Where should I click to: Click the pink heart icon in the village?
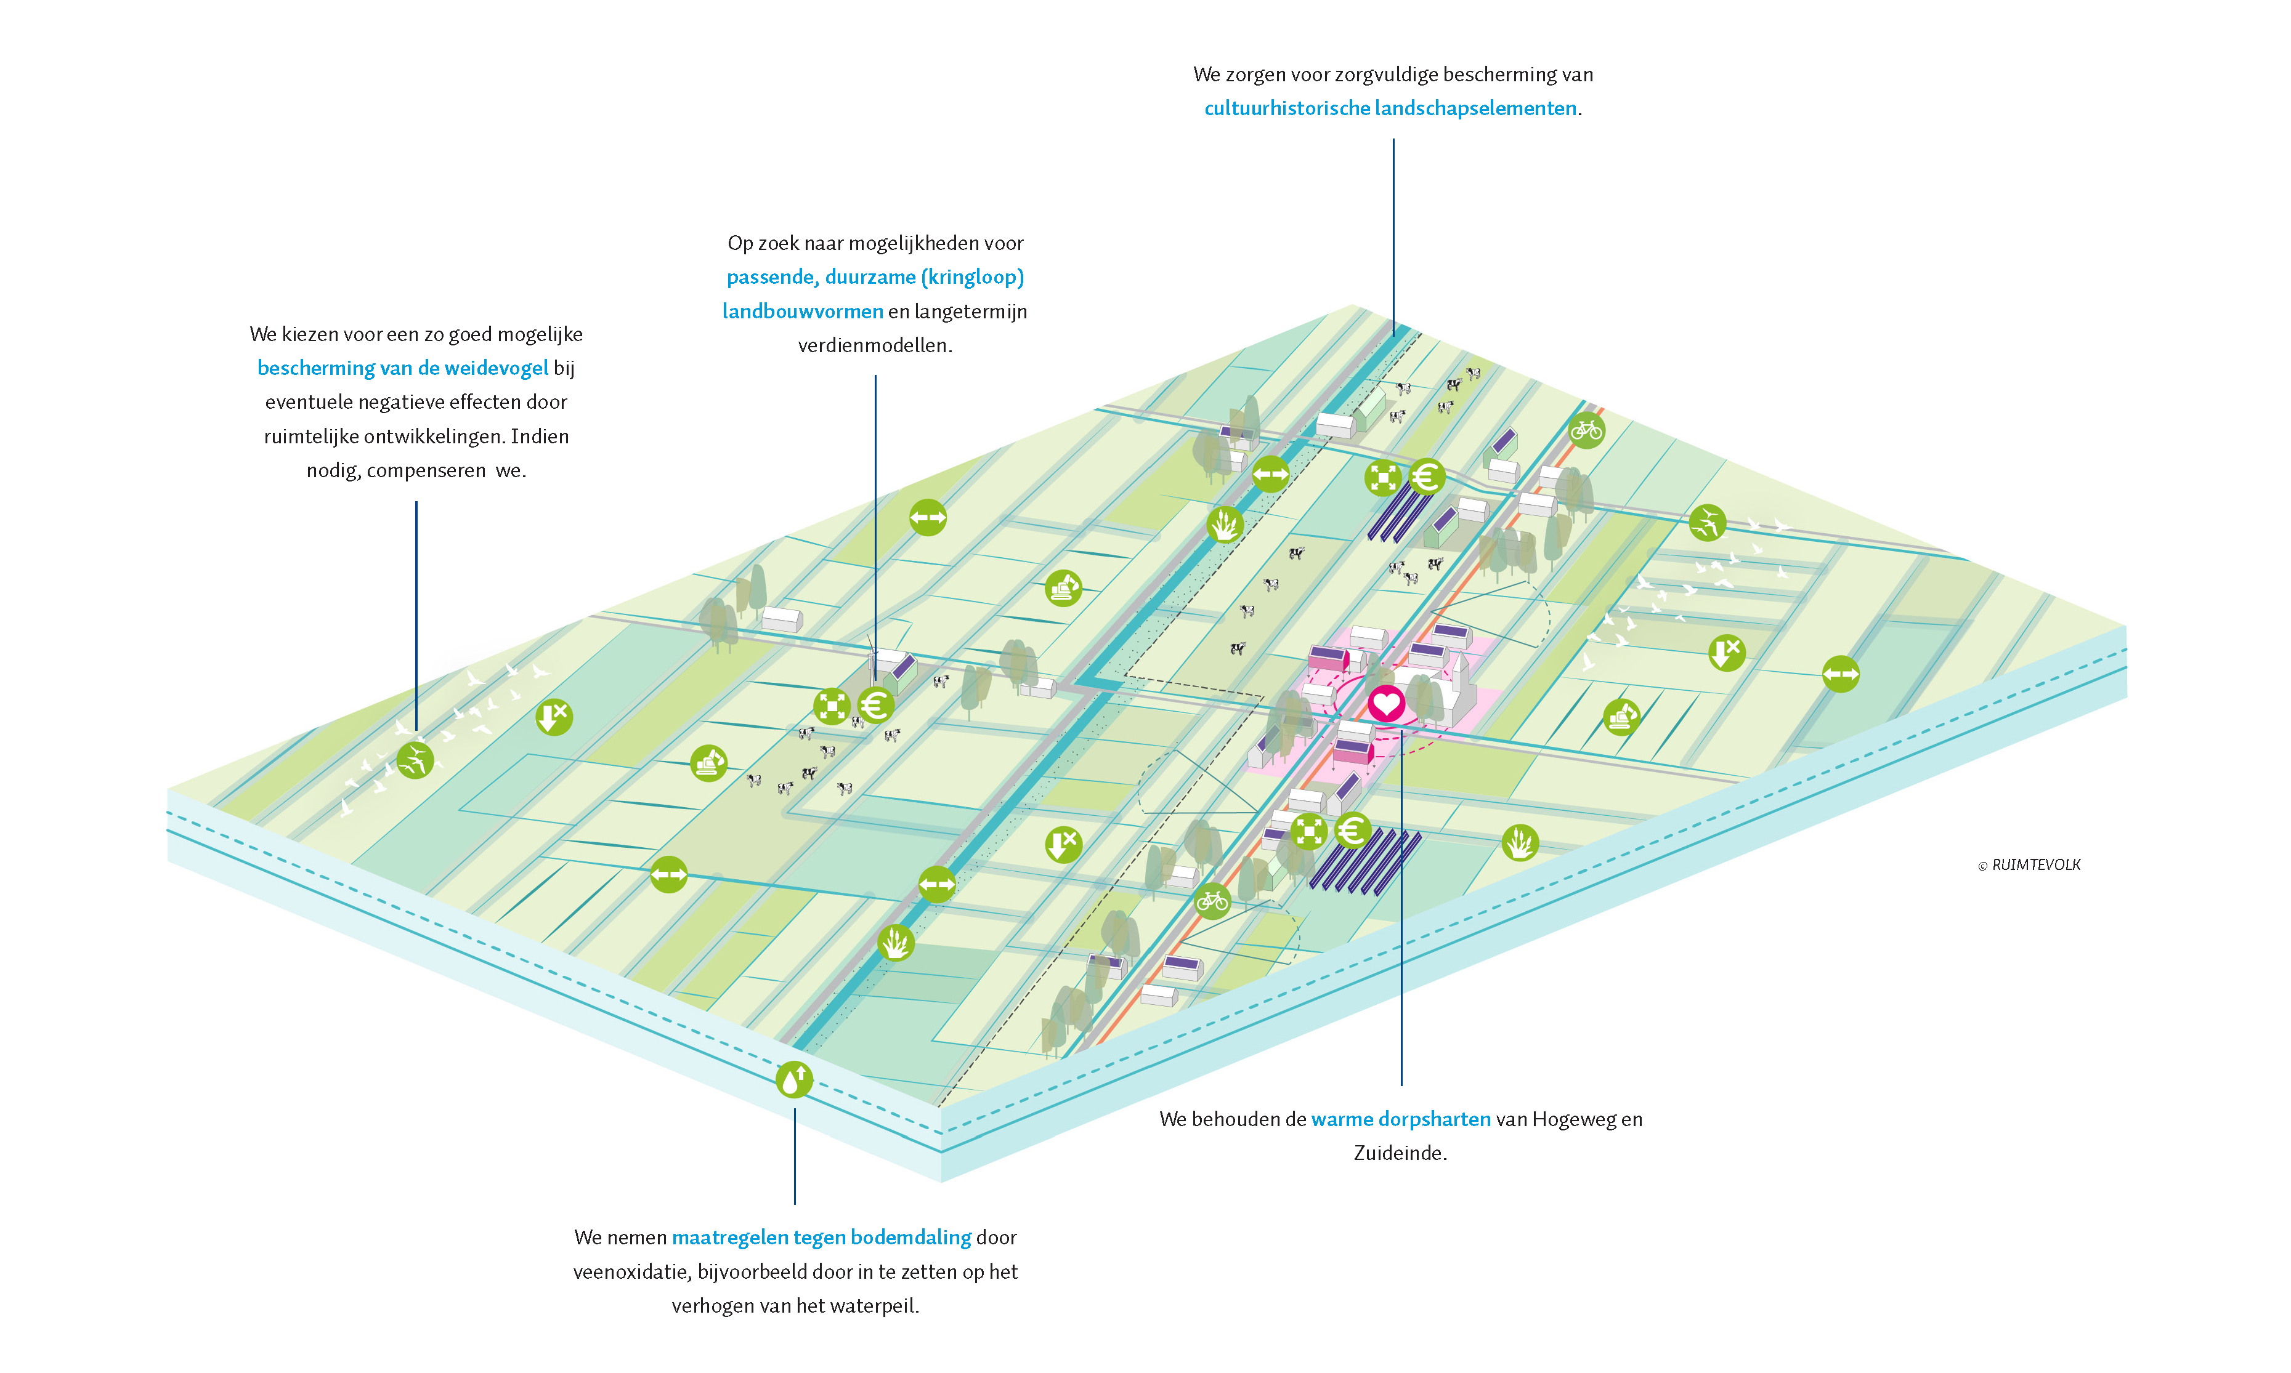(x=1385, y=704)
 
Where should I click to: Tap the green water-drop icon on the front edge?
(x=794, y=1079)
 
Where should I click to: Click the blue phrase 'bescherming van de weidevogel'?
(x=403, y=368)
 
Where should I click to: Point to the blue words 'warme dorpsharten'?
(x=1400, y=1119)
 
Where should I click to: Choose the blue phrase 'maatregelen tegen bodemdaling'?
(x=821, y=1238)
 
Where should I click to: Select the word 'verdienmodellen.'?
(x=875, y=346)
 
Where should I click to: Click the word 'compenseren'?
(x=426, y=471)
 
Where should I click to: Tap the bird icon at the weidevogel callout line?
(x=415, y=760)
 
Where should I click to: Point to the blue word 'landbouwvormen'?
(x=803, y=312)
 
